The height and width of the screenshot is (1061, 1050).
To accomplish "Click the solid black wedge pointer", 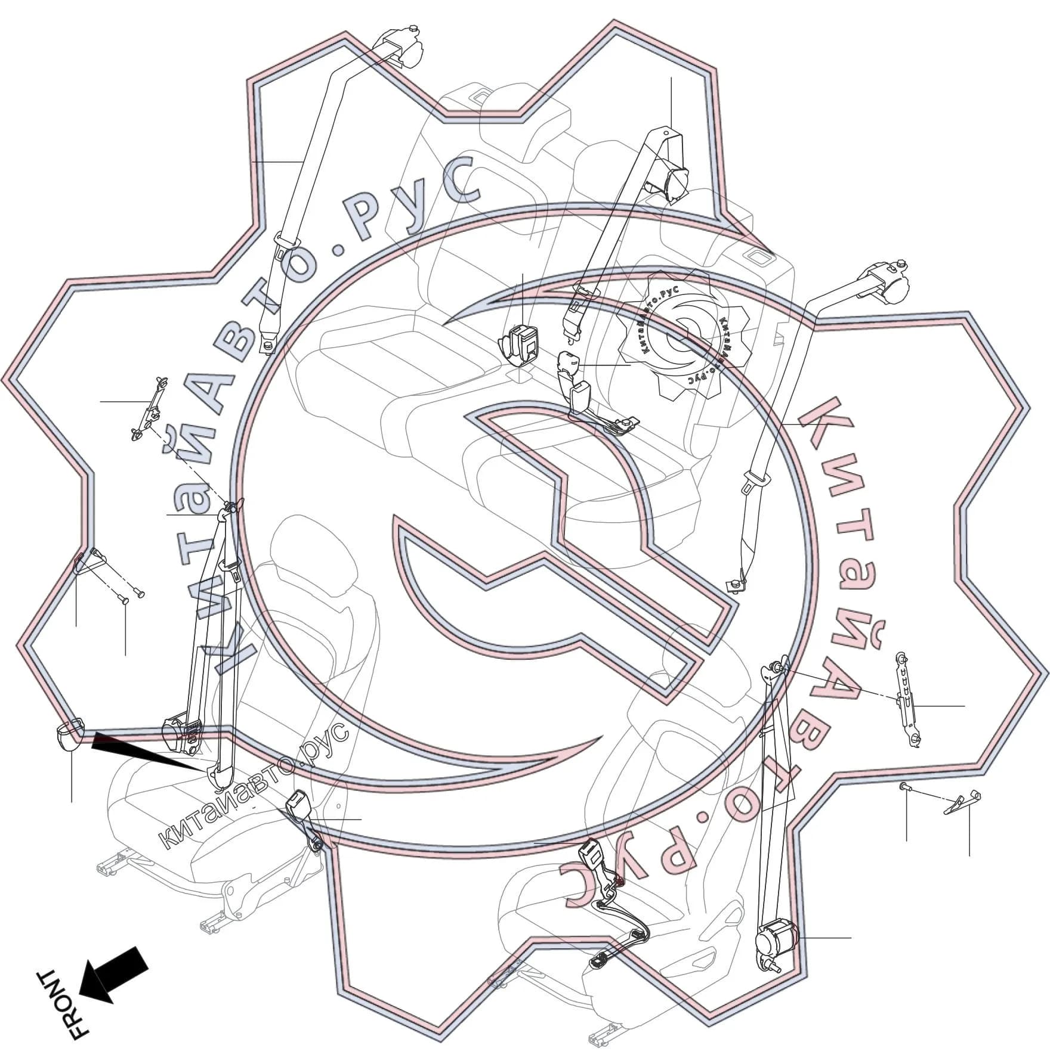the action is (x=149, y=751).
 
